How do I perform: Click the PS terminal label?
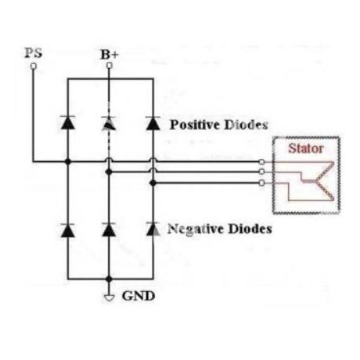(x=34, y=53)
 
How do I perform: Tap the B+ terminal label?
(x=110, y=55)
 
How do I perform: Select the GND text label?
(x=139, y=296)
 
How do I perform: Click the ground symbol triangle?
(x=109, y=297)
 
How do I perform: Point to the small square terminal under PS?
(x=34, y=67)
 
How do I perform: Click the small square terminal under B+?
(x=110, y=65)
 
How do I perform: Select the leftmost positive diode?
(x=68, y=122)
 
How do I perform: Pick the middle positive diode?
(x=109, y=123)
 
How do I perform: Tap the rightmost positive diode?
(x=153, y=123)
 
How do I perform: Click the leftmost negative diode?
(x=68, y=230)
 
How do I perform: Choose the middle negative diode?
(x=109, y=229)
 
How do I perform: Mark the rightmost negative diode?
(x=153, y=229)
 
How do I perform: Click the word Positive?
(x=195, y=124)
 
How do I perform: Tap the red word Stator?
(x=306, y=149)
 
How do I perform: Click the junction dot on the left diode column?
(x=68, y=162)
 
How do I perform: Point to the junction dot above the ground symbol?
(x=109, y=279)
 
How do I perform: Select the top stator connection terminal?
(x=261, y=162)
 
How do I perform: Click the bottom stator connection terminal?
(x=261, y=183)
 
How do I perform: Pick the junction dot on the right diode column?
(x=153, y=183)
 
